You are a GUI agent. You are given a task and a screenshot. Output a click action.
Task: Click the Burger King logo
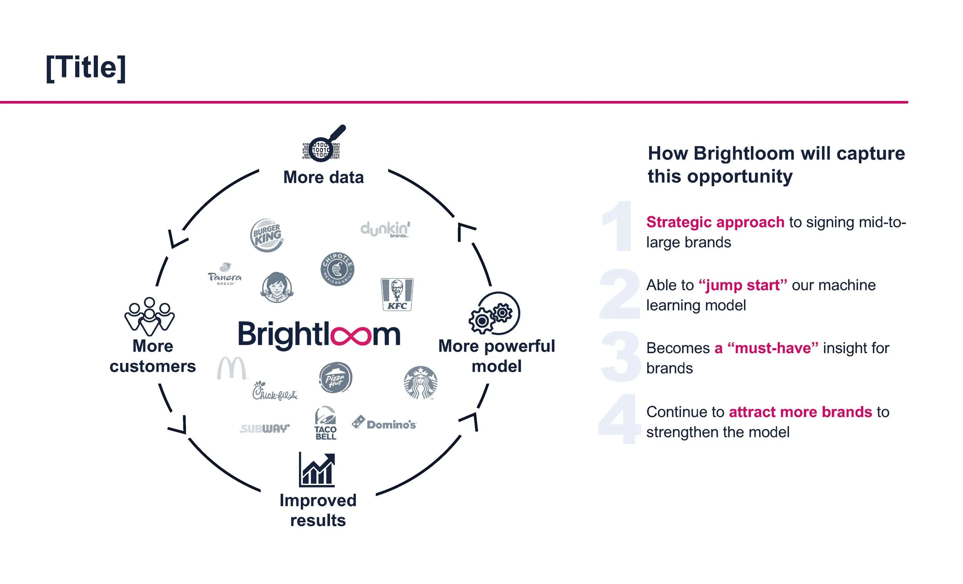[x=267, y=235]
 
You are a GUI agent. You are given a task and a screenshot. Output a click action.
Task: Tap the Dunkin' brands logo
[x=385, y=229]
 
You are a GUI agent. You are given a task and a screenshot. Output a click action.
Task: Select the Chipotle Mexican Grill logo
[x=337, y=269]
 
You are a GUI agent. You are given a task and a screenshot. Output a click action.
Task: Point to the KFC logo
[x=397, y=295]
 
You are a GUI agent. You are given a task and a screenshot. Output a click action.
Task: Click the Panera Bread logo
[x=225, y=274]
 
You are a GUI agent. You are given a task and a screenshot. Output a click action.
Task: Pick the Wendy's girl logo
[x=277, y=288]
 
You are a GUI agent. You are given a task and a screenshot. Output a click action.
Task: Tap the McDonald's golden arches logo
[x=232, y=368]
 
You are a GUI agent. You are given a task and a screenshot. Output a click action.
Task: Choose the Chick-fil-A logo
[x=274, y=391]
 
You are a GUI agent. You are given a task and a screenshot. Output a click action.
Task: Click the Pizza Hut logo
[x=336, y=377]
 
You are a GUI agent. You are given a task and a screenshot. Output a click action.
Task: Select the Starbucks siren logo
[x=421, y=382]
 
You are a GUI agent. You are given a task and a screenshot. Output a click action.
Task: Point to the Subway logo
[x=265, y=429]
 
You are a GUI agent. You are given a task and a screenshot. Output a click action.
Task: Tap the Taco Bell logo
[x=325, y=424]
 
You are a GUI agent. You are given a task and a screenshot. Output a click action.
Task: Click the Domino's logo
[x=384, y=424]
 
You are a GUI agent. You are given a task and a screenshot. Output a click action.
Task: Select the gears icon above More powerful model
[x=494, y=313]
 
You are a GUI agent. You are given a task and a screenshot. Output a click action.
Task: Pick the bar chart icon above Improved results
[x=317, y=470]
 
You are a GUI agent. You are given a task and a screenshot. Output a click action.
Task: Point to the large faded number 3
[x=620, y=356]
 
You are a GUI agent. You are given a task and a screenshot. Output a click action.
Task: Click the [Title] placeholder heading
[x=86, y=68]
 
